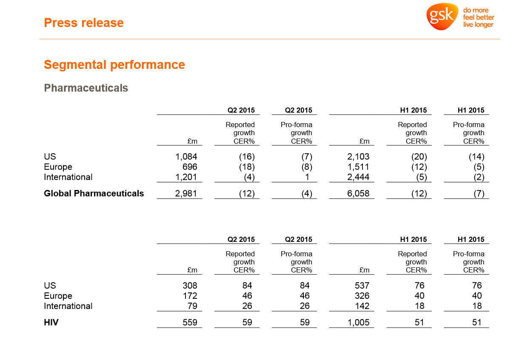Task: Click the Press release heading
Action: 84,23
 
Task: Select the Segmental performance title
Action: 114,65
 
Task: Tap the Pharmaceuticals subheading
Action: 86,88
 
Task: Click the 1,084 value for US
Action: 186,157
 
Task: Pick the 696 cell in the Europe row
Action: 190,167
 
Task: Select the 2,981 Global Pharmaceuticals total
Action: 186,194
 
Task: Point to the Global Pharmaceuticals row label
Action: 94,194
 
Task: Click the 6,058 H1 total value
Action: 358,194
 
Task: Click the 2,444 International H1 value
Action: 358,177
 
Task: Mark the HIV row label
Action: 51,323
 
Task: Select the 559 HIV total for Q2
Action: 189,323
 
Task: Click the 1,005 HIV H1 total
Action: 358,323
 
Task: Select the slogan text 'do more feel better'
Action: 479,14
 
